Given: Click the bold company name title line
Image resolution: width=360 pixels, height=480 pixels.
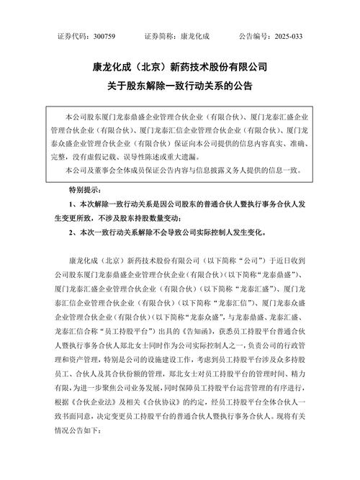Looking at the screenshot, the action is click(x=180, y=68).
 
